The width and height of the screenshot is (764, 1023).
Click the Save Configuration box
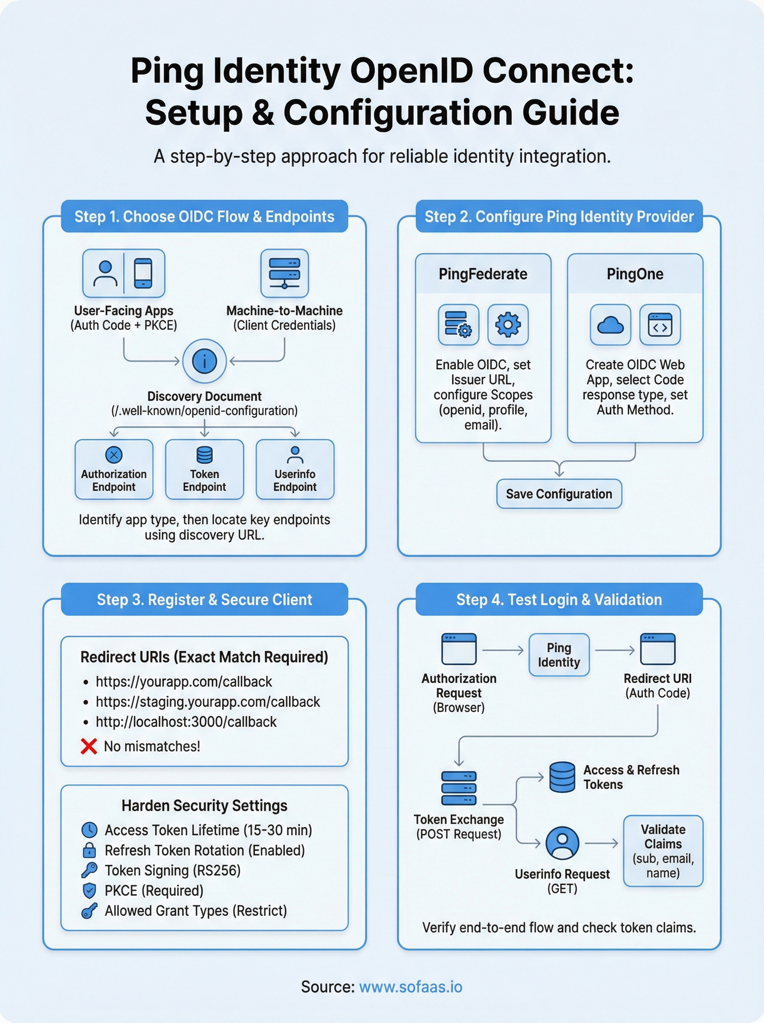point(559,494)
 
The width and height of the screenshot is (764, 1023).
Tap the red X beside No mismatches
point(89,746)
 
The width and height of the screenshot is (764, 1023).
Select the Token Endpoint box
point(204,469)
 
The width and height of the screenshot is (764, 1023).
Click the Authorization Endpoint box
point(114,469)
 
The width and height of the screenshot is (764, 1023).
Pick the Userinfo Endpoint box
point(295,469)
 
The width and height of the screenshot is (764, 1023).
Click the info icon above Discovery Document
point(204,361)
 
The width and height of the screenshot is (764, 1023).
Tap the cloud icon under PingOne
point(610,325)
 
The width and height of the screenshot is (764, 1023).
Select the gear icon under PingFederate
point(508,324)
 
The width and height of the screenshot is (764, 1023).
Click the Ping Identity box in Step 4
point(559,655)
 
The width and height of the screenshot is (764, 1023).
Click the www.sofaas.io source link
point(411,986)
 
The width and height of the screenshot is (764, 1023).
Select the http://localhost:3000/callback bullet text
point(186,722)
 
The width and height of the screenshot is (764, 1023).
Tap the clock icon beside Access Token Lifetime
point(89,830)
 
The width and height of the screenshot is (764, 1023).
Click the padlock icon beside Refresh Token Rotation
point(89,850)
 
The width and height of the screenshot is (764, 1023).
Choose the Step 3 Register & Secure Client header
point(204,599)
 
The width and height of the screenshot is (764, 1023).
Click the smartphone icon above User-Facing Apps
point(143,273)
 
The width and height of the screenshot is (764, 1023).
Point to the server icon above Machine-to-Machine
point(284,273)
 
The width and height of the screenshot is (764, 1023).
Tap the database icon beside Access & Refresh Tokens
point(562,777)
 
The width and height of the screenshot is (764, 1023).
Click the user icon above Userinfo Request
point(562,843)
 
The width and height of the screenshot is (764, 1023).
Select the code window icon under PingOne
point(660,325)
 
